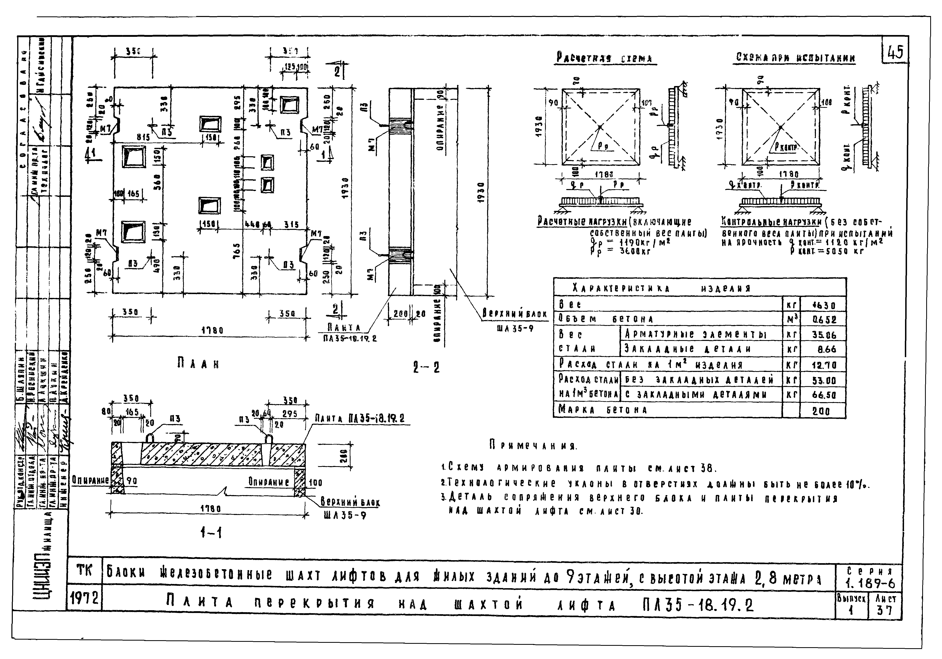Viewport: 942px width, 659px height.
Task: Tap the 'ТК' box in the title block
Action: tap(85, 571)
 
